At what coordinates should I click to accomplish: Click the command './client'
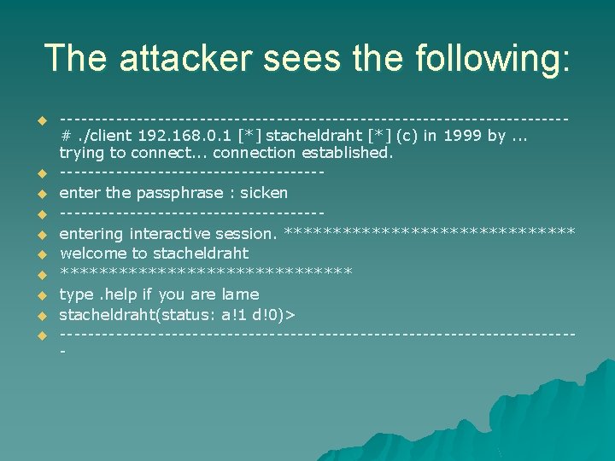[x=99, y=134]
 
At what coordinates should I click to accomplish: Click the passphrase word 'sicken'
[x=264, y=193]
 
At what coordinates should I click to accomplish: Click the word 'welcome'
[x=93, y=254]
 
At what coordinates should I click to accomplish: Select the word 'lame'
[x=240, y=295]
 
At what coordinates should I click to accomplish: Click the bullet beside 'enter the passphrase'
[x=39, y=194]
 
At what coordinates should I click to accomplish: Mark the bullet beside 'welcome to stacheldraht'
[x=39, y=254]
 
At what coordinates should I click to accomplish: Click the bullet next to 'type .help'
[x=39, y=295]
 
